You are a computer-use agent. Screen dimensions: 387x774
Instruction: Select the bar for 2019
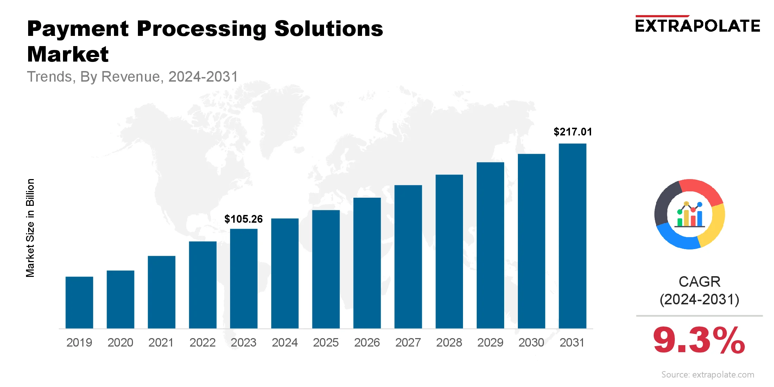pos(79,303)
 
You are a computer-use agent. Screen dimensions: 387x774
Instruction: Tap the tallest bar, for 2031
pos(572,236)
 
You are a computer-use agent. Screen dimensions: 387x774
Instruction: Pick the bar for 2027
pos(408,257)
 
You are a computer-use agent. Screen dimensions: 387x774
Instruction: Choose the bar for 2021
pos(161,292)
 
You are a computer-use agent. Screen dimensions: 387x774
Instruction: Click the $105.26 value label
pos(243,219)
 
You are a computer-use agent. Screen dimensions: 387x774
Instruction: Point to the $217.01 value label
pos(573,132)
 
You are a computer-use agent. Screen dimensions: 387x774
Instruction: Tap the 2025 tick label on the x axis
pos(326,342)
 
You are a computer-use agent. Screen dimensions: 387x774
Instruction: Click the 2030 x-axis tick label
pos(531,342)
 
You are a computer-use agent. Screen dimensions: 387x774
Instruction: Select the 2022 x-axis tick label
pos(202,342)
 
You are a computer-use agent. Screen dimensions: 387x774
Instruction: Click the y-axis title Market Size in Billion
pos(30,228)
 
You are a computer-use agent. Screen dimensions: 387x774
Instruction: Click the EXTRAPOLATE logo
pos(698,25)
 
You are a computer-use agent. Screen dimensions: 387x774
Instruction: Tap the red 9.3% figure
pos(699,341)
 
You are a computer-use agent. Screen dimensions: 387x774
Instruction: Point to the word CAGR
pos(699,282)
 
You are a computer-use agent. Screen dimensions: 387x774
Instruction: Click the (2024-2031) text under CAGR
pos(699,299)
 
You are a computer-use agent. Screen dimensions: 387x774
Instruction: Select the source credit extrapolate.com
pos(708,374)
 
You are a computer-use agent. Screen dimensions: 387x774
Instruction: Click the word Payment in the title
pos(78,29)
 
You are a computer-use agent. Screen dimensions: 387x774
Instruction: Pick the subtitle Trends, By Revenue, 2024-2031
pos(133,77)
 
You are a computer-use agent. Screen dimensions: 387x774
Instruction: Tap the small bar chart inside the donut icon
pos(690,215)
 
